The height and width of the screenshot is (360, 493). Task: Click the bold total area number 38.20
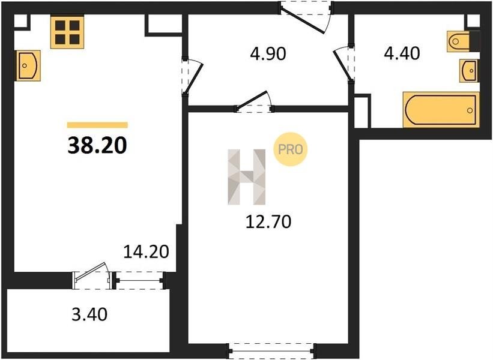(97, 145)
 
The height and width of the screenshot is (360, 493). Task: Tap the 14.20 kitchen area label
(146, 251)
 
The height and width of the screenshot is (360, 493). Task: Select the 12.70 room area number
(268, 221)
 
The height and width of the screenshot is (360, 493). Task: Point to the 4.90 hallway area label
(268, 53)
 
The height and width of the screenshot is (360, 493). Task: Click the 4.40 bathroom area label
(402, 53)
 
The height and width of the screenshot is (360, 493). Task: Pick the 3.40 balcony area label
(89, 314)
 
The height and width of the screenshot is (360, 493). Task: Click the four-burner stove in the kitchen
(67, 32)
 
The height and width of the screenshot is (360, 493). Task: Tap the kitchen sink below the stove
(28, 65)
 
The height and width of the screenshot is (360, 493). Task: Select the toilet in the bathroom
(463, 41)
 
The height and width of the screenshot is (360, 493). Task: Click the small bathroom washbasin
(469, 71)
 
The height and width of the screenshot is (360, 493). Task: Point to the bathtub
(441, 110)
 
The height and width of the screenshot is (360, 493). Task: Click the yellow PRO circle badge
(290, 149)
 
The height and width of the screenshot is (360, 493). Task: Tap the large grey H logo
(246, 177)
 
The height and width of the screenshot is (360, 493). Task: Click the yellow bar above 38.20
(97, 125)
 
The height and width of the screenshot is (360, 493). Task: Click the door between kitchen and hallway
(192, 77)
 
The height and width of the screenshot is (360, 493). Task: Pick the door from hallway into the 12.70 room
(254, 102)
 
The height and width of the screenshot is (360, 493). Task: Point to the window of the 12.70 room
(272, 350)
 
